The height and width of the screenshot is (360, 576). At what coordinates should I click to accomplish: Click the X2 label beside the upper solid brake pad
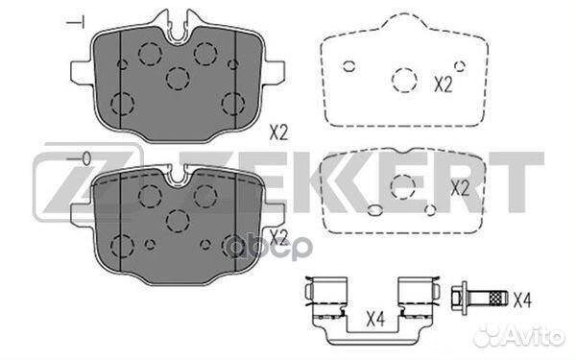click(278, 133)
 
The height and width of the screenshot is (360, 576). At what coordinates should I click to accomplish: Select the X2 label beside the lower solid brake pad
click(278, 235)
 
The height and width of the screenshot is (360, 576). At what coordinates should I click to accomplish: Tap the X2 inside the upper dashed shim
click(442, 84)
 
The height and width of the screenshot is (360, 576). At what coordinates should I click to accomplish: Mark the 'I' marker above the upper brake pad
click(77, 21)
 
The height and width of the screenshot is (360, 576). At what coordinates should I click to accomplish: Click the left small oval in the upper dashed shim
click(349, 66)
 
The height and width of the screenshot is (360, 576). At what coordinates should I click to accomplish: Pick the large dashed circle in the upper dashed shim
click(403, 82)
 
